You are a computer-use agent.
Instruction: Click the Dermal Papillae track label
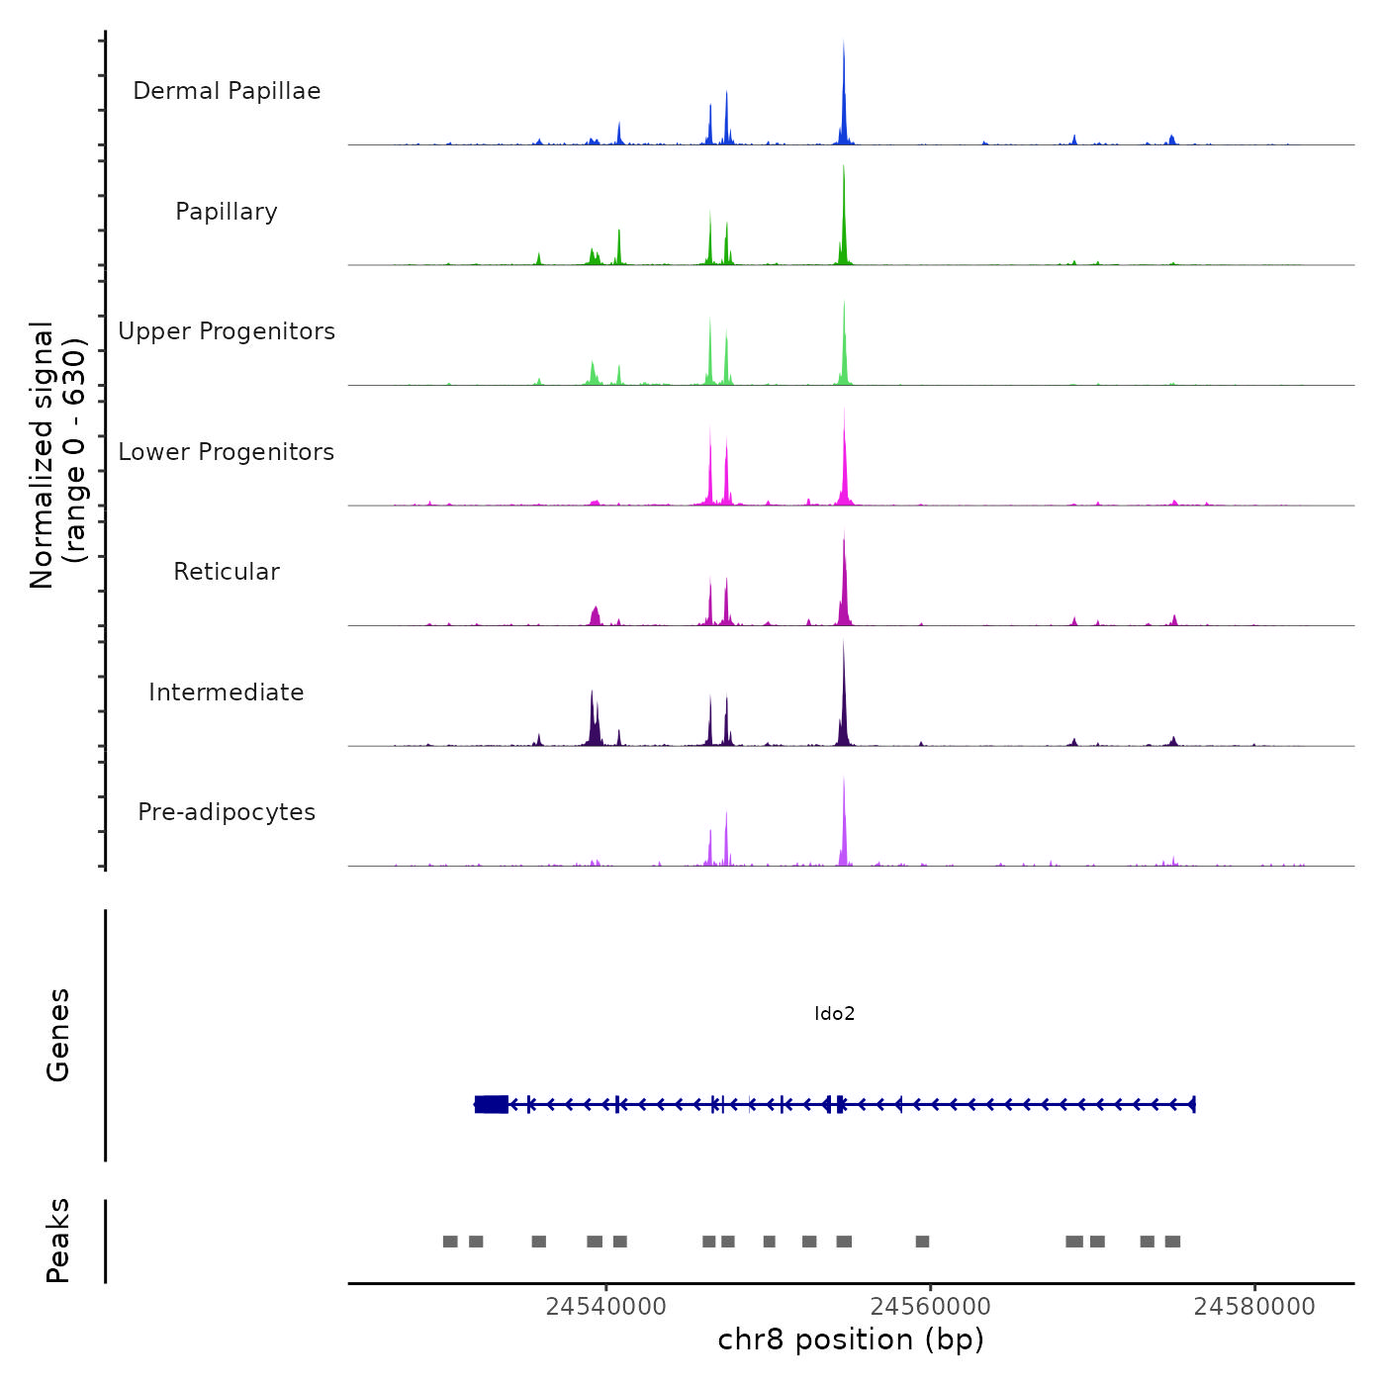click(x=227, y=91)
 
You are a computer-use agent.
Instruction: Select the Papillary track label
click(x=227, y=212)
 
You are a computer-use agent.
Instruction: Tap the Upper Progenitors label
click(x=227, y=331)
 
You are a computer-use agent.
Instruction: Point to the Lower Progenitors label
click(x=227, y=452)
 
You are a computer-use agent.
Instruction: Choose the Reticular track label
click(x=227, y=572)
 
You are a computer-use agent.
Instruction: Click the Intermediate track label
click(x=227, y=692)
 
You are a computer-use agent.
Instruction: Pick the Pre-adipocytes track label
click(x=227, y=812)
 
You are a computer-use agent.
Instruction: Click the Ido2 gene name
click(x=834, y=1013)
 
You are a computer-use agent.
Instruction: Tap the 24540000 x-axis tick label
click(x=605, y=1307)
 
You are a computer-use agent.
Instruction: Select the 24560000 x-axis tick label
click(x=930, y=1307)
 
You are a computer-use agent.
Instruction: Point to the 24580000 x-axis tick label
click(x=1254, y=1307)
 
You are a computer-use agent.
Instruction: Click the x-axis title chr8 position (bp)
click(x=851, y=1339)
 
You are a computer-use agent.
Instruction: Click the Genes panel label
click(x=58, y=1035)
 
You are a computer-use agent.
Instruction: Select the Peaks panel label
click(x=58, y=1241)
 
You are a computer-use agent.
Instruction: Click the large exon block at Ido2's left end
click(x=492, y=1104)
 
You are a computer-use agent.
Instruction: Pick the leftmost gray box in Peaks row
click(x=450, y=1242)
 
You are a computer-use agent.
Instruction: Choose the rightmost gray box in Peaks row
click(x=1172, y=1242)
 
